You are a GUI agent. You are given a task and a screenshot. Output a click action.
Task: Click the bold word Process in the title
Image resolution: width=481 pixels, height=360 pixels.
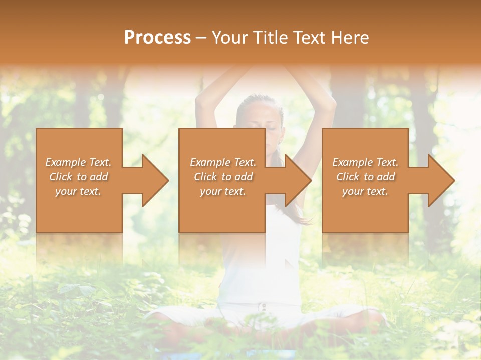coord(157,38)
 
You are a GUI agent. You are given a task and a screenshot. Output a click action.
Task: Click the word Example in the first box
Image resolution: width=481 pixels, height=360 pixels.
coord(65,162)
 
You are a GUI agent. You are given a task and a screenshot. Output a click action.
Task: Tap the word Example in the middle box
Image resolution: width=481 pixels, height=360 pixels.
coord(210,162)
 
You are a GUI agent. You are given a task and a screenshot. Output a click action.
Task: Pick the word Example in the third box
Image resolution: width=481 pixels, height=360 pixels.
coord(352,162)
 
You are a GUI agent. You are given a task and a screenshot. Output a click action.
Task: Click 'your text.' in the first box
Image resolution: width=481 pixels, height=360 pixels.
coord(78,191)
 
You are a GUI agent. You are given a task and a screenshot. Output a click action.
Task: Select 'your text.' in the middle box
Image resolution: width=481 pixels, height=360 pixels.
coord(222,191)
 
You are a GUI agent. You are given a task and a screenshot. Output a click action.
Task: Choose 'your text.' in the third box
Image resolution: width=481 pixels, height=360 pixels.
coord(365,191)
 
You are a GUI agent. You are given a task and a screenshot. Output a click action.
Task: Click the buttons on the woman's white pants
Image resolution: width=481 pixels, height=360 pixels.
coord(262,306)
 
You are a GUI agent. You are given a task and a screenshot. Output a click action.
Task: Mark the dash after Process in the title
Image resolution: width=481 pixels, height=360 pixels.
coord(201,38)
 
